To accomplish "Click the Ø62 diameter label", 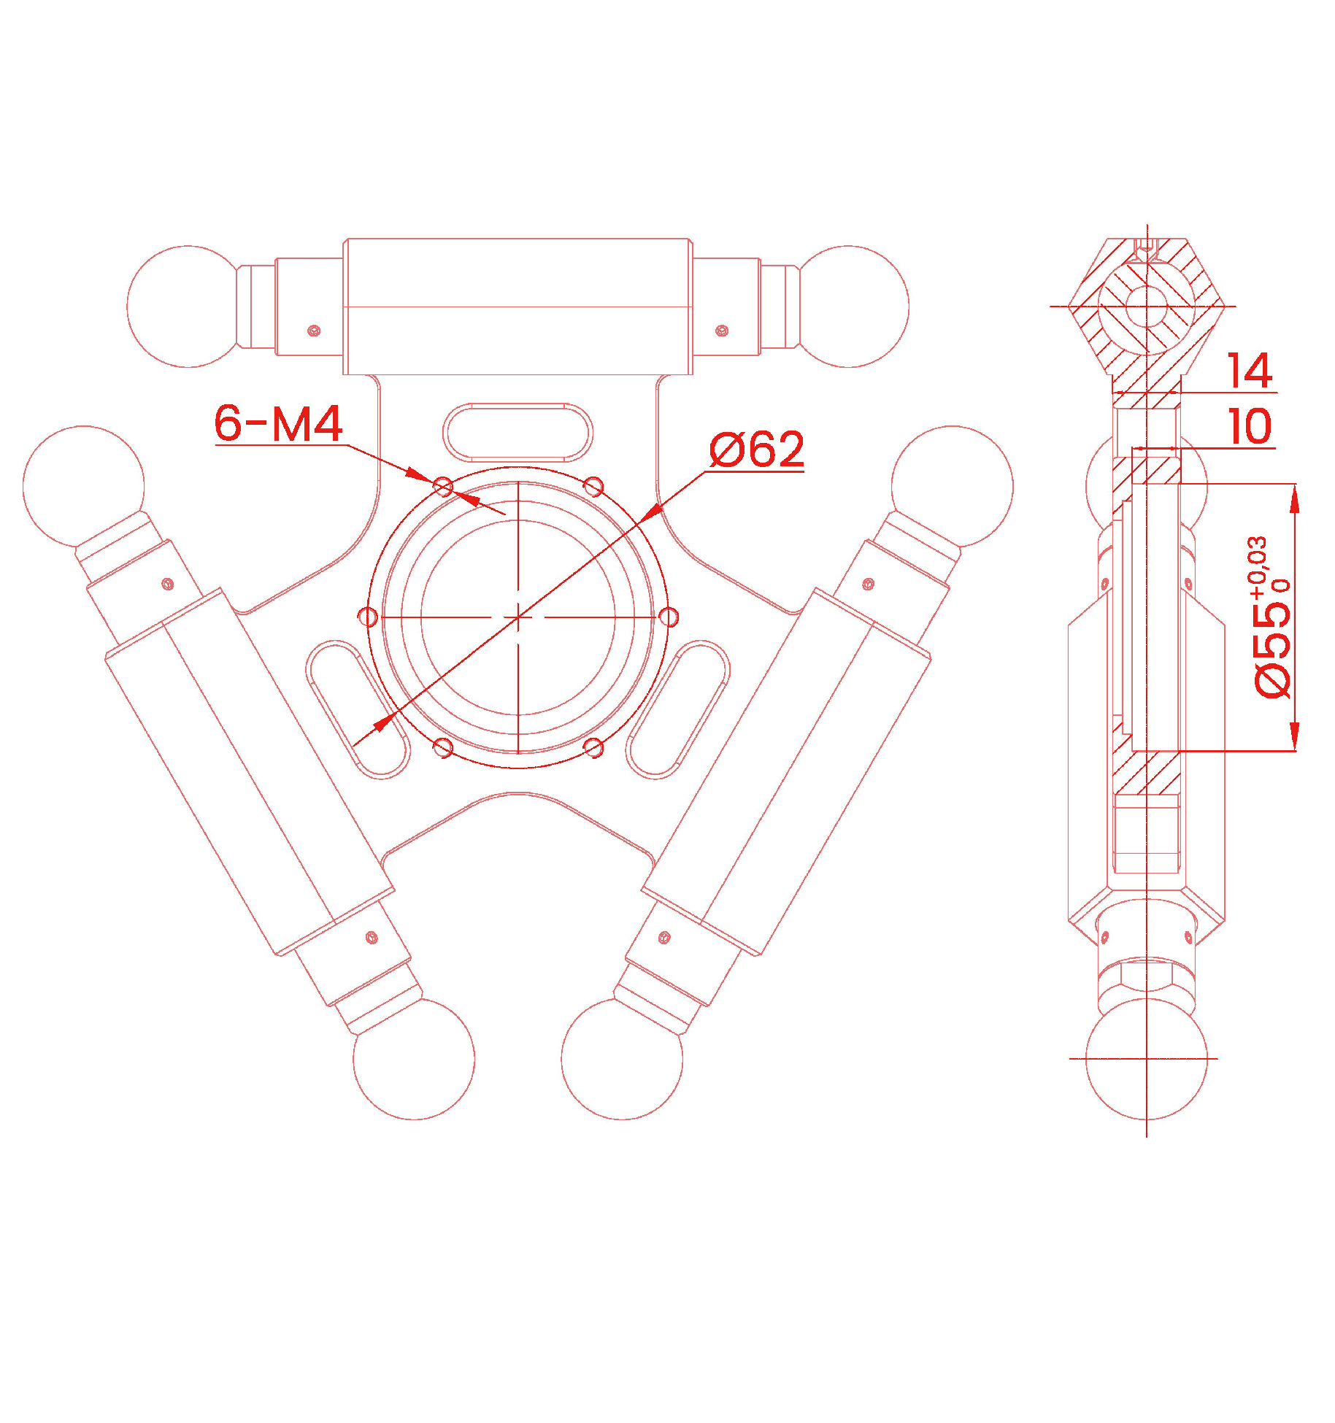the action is pyautogui.click(x=756, y=450).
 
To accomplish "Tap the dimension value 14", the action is pyautogui.click(x=1250, y=371).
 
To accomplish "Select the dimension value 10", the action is pyautogui.click(x=1250, y=426).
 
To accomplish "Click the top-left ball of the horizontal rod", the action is pyautogui.click(x=188, y=306).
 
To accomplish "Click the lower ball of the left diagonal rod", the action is pyautogui.click(x=414, y=1059).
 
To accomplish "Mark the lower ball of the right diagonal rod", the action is pyautogui.click(x=622, y=1059).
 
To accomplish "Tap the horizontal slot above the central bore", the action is pyautogui.click(x=518, y=433).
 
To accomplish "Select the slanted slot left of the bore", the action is pyautogui.click(x=358, y=709).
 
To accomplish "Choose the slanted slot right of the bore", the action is pyautogui.click(x=677, y=709).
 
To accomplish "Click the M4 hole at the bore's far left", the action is pyautogui.click(x=369, y=617).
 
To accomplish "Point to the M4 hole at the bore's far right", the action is pyautogui.click(x=669, y=617).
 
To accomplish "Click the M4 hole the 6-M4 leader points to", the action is pyautogui.click(x=443, y=487).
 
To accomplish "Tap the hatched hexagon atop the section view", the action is pyautogui.click(x=1147, y=306).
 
